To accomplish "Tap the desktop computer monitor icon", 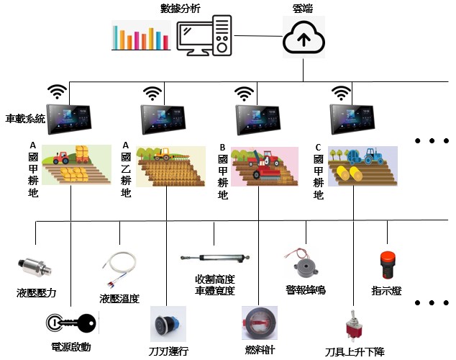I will [205, 37].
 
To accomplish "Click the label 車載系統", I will [25, 118].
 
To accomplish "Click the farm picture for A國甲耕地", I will [76, 166].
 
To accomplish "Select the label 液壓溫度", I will [119, 298].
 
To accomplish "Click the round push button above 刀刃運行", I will [168, 324].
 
